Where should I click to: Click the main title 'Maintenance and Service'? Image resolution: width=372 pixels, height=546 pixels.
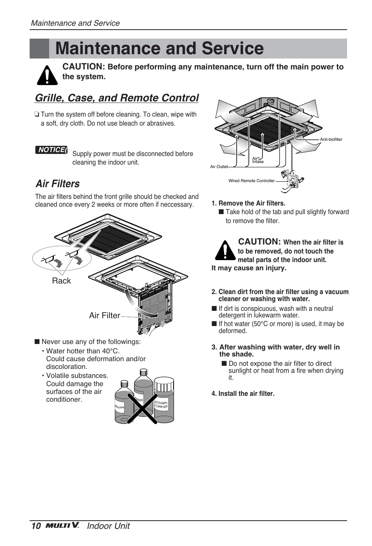[x=159, y=49]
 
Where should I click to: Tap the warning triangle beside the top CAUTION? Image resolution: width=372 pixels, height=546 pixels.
[x=47, y=75]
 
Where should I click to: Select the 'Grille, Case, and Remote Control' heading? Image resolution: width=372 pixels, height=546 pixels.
[x=117, y=98]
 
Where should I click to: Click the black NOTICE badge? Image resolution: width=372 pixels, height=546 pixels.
[x=51, y=150]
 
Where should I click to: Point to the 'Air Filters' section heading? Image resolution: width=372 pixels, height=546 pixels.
[x=57, y=184]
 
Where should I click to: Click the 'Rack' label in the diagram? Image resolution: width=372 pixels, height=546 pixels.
[x=61, y=281]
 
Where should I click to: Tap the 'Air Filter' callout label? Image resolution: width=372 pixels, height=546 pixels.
[x=104, y=316]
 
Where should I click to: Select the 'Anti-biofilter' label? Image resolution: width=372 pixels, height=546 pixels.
[x=331, y=139]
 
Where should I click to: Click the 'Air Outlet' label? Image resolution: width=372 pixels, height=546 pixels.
[x=219, y=167]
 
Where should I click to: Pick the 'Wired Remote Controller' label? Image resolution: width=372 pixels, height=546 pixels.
[x=252, y=181]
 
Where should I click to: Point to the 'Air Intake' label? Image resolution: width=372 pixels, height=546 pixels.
[x=257, y=160]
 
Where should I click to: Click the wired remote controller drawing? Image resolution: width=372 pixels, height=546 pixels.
[x=292, y=179]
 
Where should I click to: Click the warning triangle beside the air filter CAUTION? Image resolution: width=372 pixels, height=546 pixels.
[x=225, y=250]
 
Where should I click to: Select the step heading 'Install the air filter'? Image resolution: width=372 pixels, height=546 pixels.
[x=243, y=394]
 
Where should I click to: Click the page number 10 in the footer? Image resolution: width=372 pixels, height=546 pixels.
[x=36, y=526]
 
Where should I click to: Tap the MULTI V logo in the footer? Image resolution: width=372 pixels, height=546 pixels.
[x=62, y=525]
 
